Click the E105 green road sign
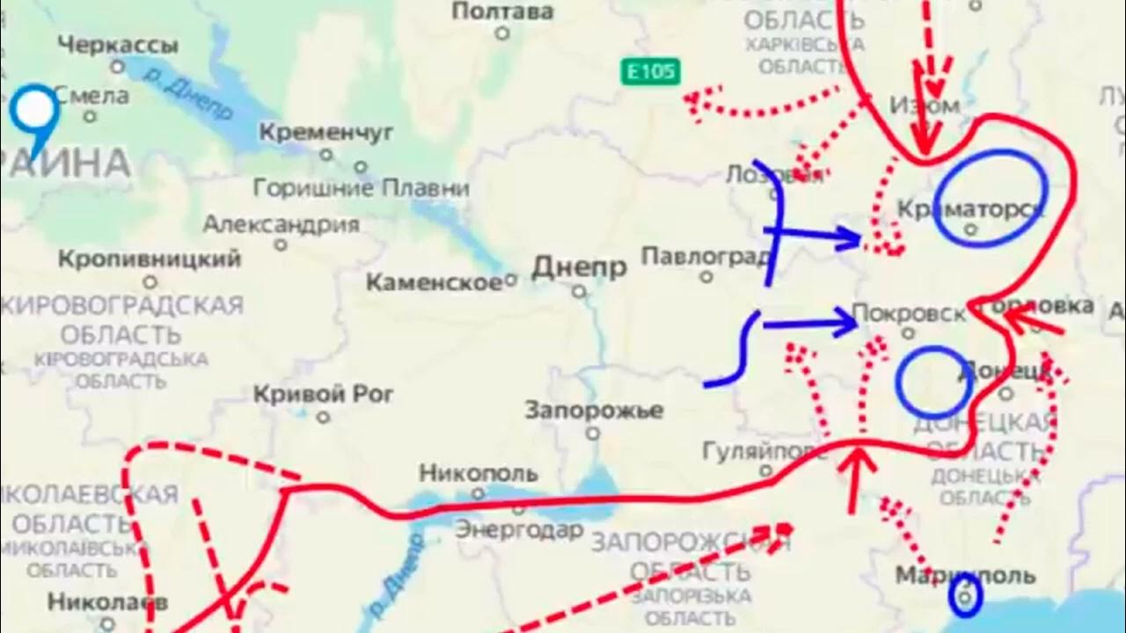click(650, 71)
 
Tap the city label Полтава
click(502, 11)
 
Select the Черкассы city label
click(119, 45)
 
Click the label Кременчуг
click(325, 133)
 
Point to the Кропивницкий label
click(149, 259)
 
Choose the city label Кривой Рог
click(323, 395)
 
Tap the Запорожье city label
click(593, 410)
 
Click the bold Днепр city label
click(580, 267)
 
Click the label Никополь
click(477, 473)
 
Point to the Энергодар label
click(519, 529)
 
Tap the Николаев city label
click(107, 602)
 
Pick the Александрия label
click(281, 223)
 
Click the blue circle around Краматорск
click(990, 197)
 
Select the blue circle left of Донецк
click(934, 382)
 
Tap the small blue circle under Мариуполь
click(966, 597)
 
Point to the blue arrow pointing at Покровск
click(809, 325)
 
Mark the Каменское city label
click(434, 282)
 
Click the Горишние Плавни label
click(361, 187)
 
